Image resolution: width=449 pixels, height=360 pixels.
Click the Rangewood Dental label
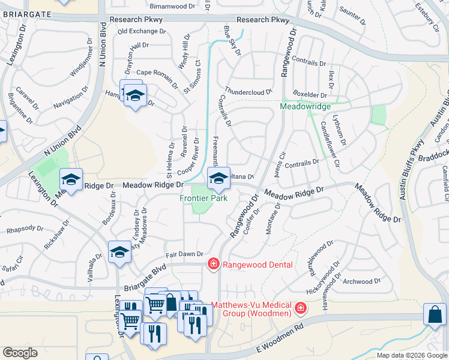(258, 265)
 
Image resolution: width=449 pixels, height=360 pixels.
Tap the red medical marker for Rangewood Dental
(212, 264)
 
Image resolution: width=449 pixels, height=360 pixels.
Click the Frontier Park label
(204, 198)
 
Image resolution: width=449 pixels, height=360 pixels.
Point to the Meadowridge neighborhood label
(306, 106)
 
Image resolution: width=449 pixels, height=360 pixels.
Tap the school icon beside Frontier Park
(217, 178)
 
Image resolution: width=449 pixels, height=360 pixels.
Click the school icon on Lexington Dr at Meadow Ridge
(71, 180)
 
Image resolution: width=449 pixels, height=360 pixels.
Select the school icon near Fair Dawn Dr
(119, 253)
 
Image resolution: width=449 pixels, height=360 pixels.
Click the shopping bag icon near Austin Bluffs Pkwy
(434, 315)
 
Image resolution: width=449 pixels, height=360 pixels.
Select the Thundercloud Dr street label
(249, 92)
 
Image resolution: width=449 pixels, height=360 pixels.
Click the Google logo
(20, 353)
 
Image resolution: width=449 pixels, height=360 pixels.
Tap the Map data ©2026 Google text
(412, 355)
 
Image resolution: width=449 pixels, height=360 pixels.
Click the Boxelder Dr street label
(310, 95)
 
